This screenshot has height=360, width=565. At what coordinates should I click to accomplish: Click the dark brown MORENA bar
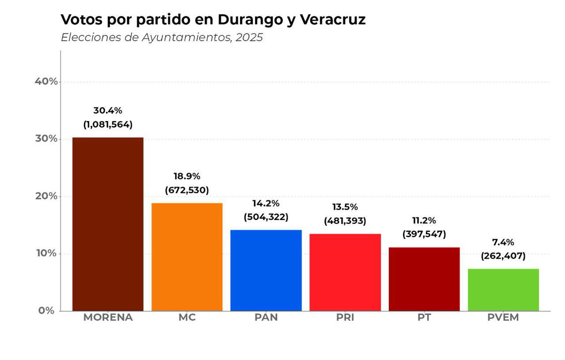tap(108, 224)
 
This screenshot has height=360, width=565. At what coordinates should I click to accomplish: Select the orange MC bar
tap(187, 257)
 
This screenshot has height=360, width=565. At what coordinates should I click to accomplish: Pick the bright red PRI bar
tap(345, 272)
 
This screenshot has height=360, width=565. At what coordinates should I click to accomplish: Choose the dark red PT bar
tap(424, 279)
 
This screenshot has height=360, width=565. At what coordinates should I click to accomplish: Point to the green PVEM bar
tap(503, 290)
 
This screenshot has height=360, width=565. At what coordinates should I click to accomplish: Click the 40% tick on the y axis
tap(47, 82)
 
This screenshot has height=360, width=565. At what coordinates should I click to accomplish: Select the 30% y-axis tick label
tap(47, 139)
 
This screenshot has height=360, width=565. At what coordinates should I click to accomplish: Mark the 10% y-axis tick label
tap(47, 254)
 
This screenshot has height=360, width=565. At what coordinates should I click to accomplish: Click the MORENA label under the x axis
tap(108, 318)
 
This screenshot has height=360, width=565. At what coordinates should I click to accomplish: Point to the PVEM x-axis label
tap(503, 318)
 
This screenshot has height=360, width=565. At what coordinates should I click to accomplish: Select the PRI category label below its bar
tap(345, 318)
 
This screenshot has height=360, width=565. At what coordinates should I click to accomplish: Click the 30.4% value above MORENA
tap(108, 111)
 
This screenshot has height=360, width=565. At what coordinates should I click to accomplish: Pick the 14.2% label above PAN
tap(266, 203)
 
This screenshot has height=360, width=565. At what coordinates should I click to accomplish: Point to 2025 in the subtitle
tap(249, 38)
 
